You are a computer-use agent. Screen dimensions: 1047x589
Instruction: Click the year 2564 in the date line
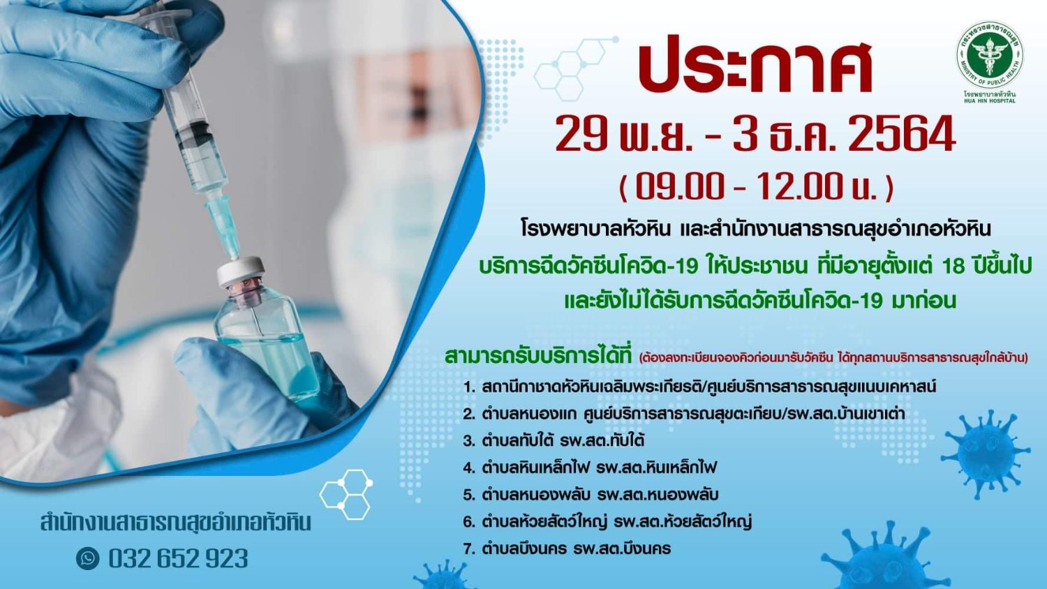(902, 134)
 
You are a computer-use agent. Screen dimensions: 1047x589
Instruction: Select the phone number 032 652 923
(178, 558)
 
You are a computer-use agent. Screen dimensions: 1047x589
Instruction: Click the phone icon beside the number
(88, 558)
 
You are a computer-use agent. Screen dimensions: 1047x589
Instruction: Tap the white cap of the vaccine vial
(241, 270)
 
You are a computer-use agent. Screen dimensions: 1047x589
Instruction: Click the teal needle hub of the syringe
(223, 228)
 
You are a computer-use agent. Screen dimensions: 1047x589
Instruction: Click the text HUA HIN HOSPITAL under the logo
(989, 100)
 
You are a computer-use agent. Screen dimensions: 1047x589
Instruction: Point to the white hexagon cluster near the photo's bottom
(346, 494)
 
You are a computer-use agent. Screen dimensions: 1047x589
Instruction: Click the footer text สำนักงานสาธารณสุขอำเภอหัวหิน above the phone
(175, 523)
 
